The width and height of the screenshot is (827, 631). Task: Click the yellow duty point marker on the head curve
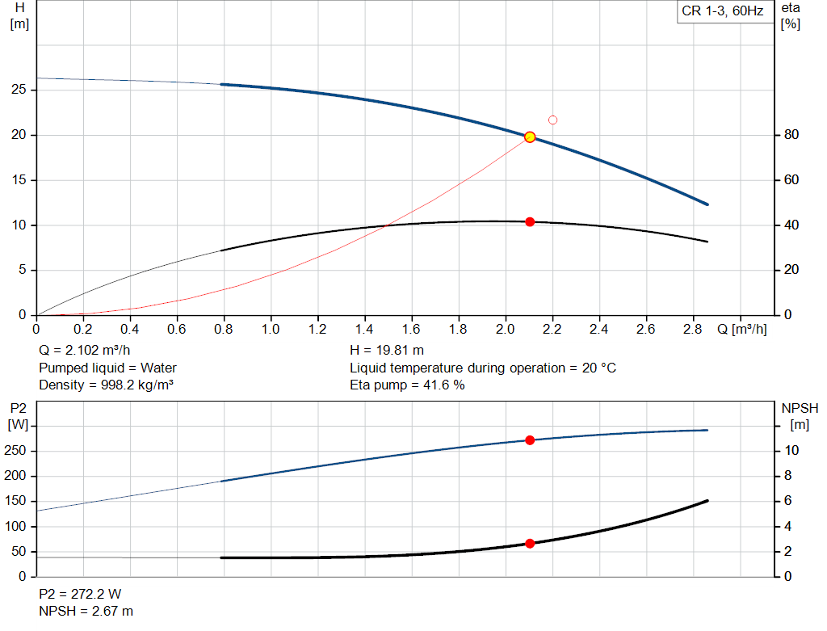tap(530, 137)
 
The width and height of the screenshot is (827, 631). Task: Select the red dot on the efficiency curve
tap(530, 222)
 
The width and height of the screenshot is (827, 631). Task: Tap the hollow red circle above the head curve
tap(552, 120)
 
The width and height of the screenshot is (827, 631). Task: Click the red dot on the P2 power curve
tap(530, 440)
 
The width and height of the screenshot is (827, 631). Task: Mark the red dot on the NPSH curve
tap(530, 544)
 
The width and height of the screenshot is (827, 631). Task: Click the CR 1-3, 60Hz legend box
tap(723, 11)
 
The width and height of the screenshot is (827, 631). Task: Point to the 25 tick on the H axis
tap(19, 90)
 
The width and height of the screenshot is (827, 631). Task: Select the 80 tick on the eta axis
tap(791, 135)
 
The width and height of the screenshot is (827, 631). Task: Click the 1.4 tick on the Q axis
tap(364, 329)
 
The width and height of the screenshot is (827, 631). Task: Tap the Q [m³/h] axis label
tap(741, 329)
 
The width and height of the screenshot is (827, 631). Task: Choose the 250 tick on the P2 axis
tap(15, 451)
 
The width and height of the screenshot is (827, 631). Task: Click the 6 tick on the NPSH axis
tap(787, 501)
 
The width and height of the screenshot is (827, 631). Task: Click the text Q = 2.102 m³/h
tap(84, 351)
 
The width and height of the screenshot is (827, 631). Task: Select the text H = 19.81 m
tap(387, 351)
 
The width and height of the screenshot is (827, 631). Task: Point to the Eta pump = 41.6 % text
tap(407, 385)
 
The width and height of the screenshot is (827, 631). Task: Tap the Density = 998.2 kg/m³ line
tap(106, 385)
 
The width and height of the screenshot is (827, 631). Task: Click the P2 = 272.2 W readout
tap(80, 594)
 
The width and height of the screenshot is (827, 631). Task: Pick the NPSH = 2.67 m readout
tap(86, 612)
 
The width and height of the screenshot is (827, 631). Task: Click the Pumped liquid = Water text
tap(107, 368)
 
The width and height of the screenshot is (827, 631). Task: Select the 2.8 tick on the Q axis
tap(692, 329)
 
